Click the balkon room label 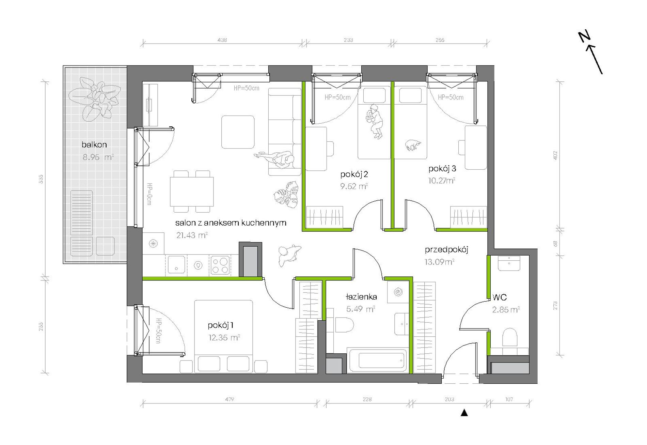[94, 144]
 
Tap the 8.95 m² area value [98, 157]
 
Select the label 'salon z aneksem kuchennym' [231, 223]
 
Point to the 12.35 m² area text [224, 337]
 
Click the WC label [500, 297]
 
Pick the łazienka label [361, 297]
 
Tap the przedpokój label [446, 250]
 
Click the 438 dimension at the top [222, 40]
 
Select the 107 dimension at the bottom [509, 399]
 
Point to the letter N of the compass [584, 36]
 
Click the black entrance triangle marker [464, 413]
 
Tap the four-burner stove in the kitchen [220, 265]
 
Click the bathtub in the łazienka [377, 360]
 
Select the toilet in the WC [510, 337]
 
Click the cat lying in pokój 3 [413, 145]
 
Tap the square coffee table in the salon [238, 132]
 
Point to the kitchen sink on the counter [176, 265]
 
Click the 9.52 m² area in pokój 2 [354, 186]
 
